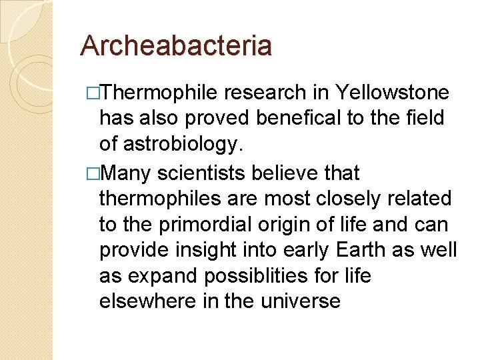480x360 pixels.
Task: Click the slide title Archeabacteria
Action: (x=176, y=46)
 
